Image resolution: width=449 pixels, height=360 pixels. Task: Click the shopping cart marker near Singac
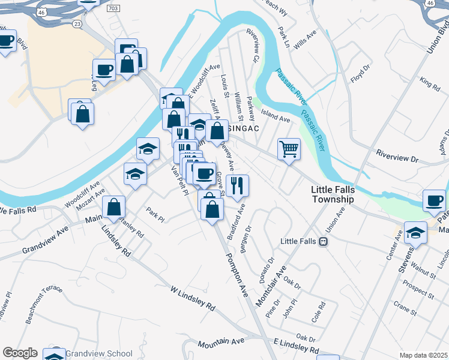tap(289, 148)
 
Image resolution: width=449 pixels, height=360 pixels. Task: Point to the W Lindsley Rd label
tap(193, 298)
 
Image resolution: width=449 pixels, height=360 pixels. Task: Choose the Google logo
tap(20, 353)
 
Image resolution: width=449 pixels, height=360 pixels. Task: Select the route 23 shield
tap(77, 23)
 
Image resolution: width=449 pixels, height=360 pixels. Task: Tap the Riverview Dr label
tap(396, 157)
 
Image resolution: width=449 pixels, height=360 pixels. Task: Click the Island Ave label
tap(277, 119)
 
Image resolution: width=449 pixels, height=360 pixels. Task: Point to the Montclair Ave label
tap(271, 285)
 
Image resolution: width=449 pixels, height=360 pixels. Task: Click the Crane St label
tap(405, 310)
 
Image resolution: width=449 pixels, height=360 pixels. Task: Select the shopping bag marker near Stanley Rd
tap(113, 207)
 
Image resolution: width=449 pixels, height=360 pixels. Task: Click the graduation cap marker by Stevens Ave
tap(415, 232)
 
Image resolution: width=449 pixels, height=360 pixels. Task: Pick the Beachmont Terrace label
tap(43, 304)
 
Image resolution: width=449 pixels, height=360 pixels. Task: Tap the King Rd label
tap(430, 81)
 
